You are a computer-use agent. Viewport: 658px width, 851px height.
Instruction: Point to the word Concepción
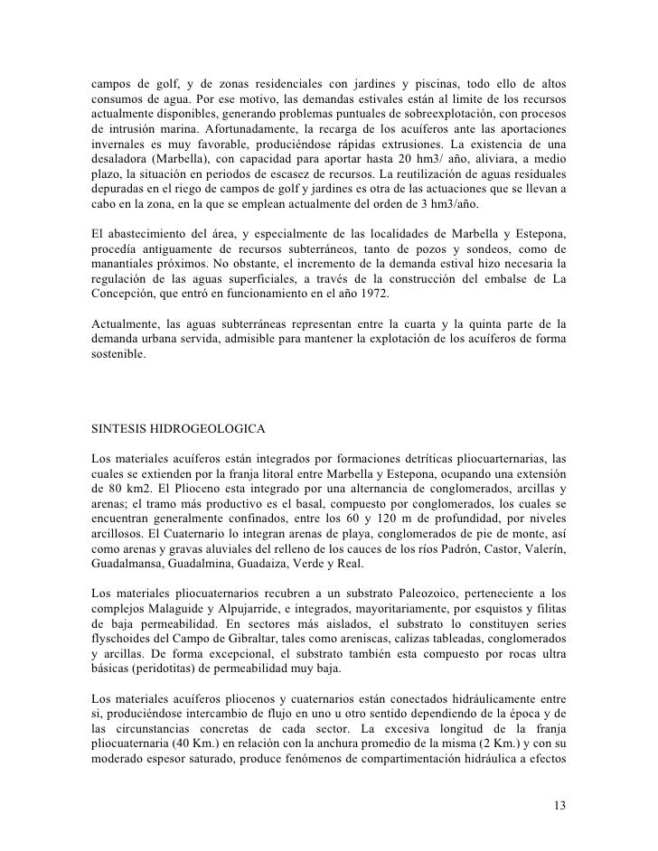tap(127, 294)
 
